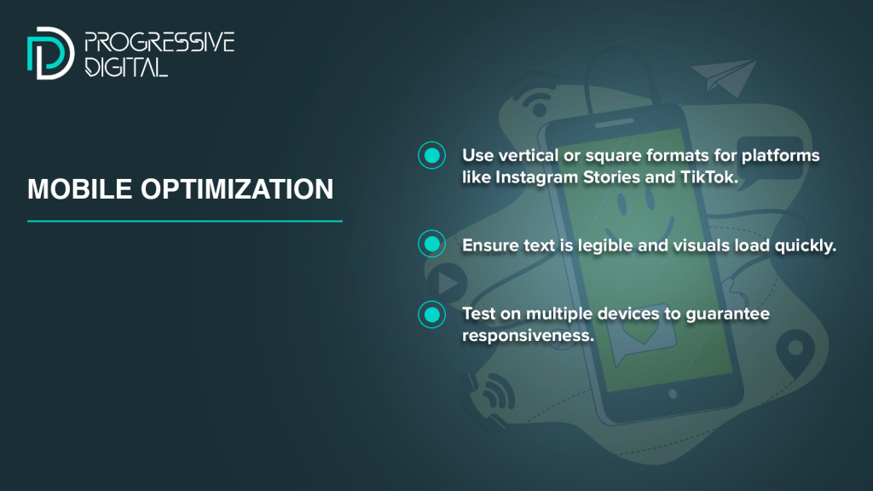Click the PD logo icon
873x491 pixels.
[x=50, y=53]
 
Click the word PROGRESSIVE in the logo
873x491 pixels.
[x=159, y=43]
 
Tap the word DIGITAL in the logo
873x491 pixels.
[x=126, y=66]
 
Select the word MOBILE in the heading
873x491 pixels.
[x=79, y=189]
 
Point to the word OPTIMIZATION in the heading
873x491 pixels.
[x=237, y=189]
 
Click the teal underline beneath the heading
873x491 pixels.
[x=185, y=221]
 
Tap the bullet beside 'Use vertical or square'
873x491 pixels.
[x=431, y=155]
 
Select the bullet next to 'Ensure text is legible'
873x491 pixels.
[x=431, y=244]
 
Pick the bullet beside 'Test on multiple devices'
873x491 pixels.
[x=431, y=315]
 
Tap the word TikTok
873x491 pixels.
[x=708, y=177]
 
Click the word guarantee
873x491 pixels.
[x=727, y=315]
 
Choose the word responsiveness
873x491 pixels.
[x=528, y=336]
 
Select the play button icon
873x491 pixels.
[x=446, y=283]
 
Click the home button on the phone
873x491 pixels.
[x=673, y=394]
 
